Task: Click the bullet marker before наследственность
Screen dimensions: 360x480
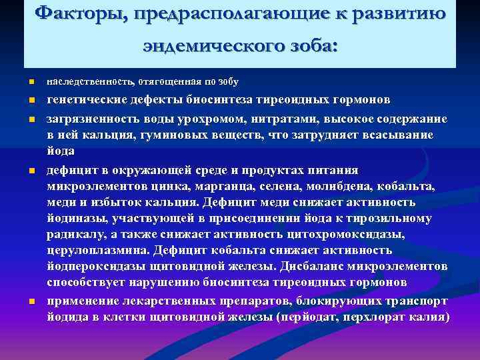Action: tap(31, 83)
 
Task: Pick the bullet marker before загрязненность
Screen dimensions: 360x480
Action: tap(31, 119)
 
